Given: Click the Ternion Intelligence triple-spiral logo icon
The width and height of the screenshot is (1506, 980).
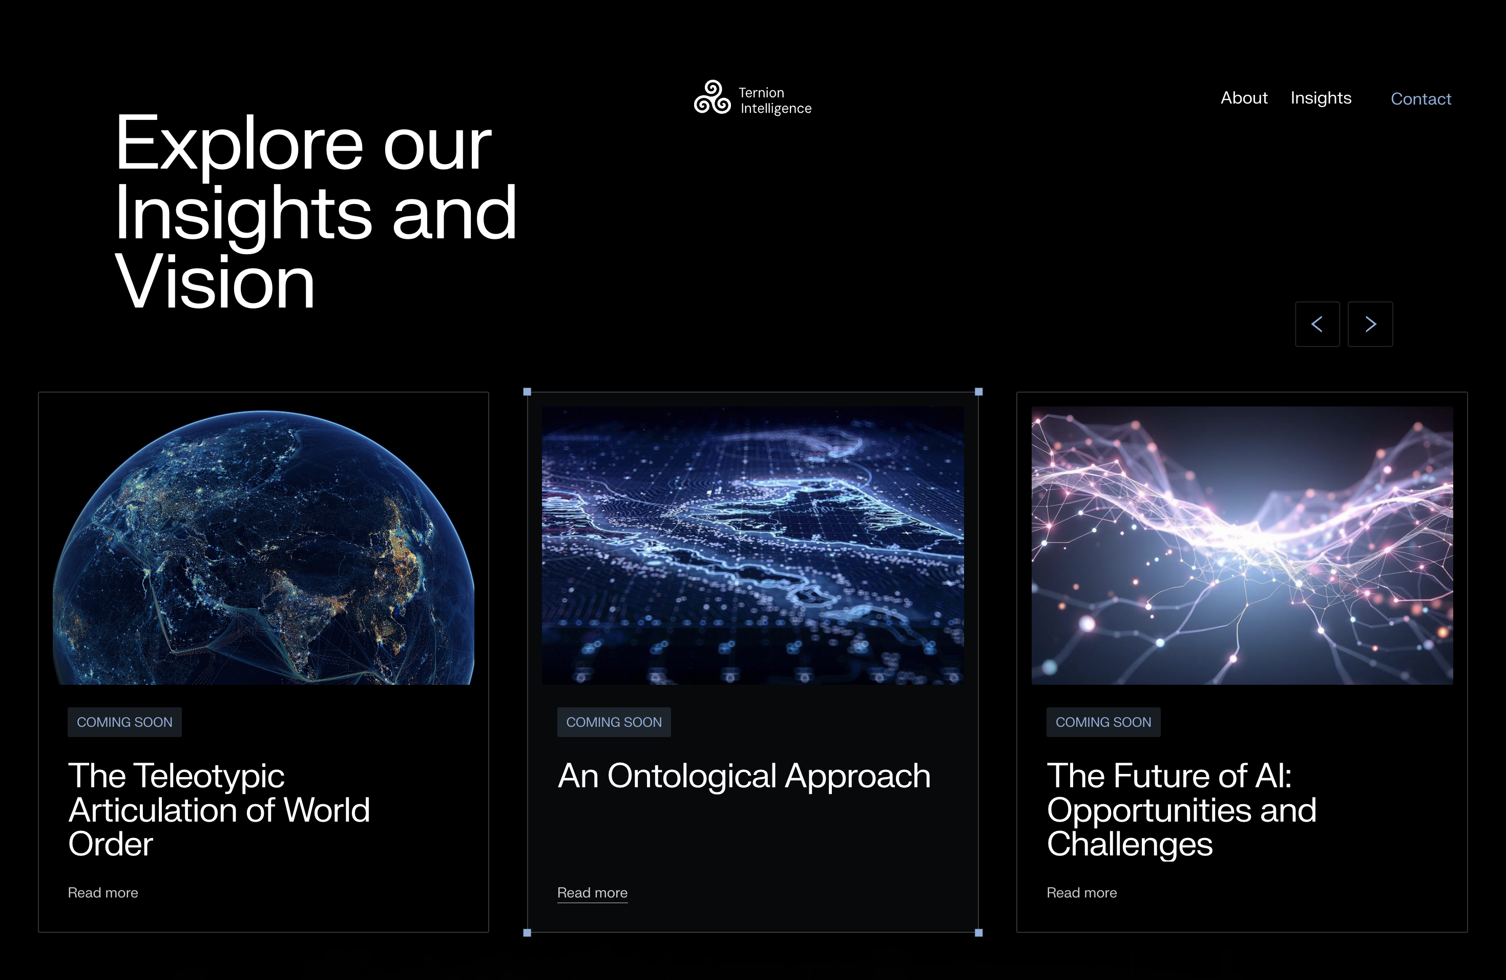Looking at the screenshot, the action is (712, 97).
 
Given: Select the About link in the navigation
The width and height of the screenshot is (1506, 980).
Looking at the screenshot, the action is (1244, 98).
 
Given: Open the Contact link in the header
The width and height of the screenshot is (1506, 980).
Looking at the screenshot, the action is (1420, 99).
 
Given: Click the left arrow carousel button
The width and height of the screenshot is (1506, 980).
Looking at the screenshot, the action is (1317, 324).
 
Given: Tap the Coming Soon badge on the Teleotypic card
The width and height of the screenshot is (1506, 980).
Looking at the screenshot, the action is (124, 722).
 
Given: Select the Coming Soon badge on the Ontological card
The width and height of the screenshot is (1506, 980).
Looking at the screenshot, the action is (614, 722).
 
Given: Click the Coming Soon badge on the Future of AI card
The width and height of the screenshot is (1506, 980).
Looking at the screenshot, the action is (1103, 722).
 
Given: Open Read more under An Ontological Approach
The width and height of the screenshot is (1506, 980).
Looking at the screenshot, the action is (592, 893).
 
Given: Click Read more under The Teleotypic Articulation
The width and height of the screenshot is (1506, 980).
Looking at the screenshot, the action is (103, 893).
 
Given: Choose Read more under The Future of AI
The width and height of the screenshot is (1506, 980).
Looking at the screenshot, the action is (1082, 893).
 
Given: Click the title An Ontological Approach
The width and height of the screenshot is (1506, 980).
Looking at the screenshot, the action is (744, 778).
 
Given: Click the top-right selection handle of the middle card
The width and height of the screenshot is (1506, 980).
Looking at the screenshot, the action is (979, 392).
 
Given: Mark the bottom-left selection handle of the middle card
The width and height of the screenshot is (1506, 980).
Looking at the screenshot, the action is (527, 932).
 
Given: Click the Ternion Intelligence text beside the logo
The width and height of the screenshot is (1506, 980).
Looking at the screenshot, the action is (775, 100).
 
